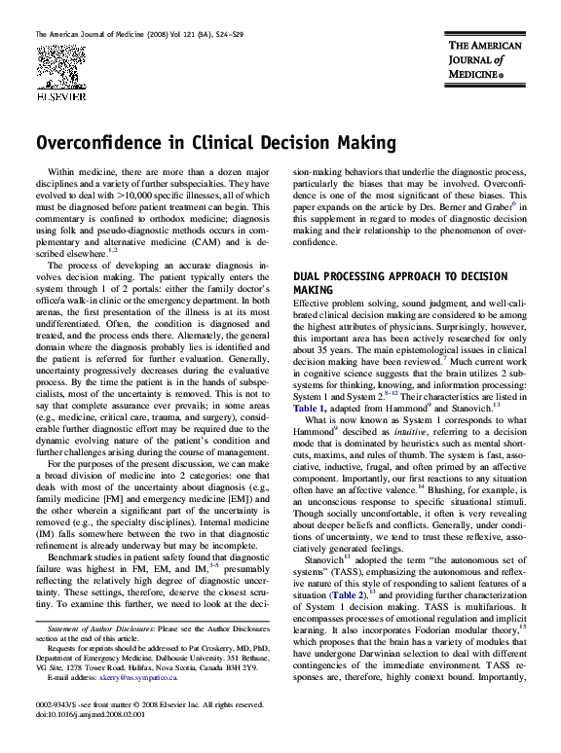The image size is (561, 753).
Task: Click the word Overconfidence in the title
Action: click(101, 143)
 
